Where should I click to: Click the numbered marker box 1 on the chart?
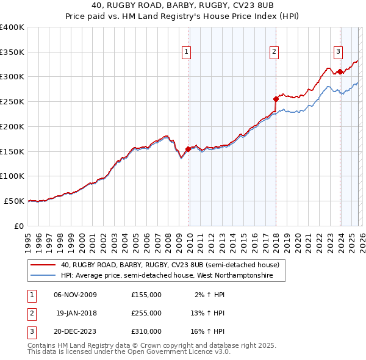pos(185,52)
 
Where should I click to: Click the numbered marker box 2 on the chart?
pos(274,52)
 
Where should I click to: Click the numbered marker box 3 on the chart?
pos(338,52)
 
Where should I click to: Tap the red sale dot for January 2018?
pos(276,98)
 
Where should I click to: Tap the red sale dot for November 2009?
pos(188,148)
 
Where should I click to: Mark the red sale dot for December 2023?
pos(340,71)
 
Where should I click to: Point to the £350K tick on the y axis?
pos(13,52)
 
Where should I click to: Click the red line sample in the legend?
pos(43,265)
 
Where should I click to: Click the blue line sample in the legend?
pos(43,276)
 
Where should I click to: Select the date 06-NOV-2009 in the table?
pos(75,295)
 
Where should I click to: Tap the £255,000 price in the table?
pos(146,313)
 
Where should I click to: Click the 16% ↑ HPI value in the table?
pos(208,331)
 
